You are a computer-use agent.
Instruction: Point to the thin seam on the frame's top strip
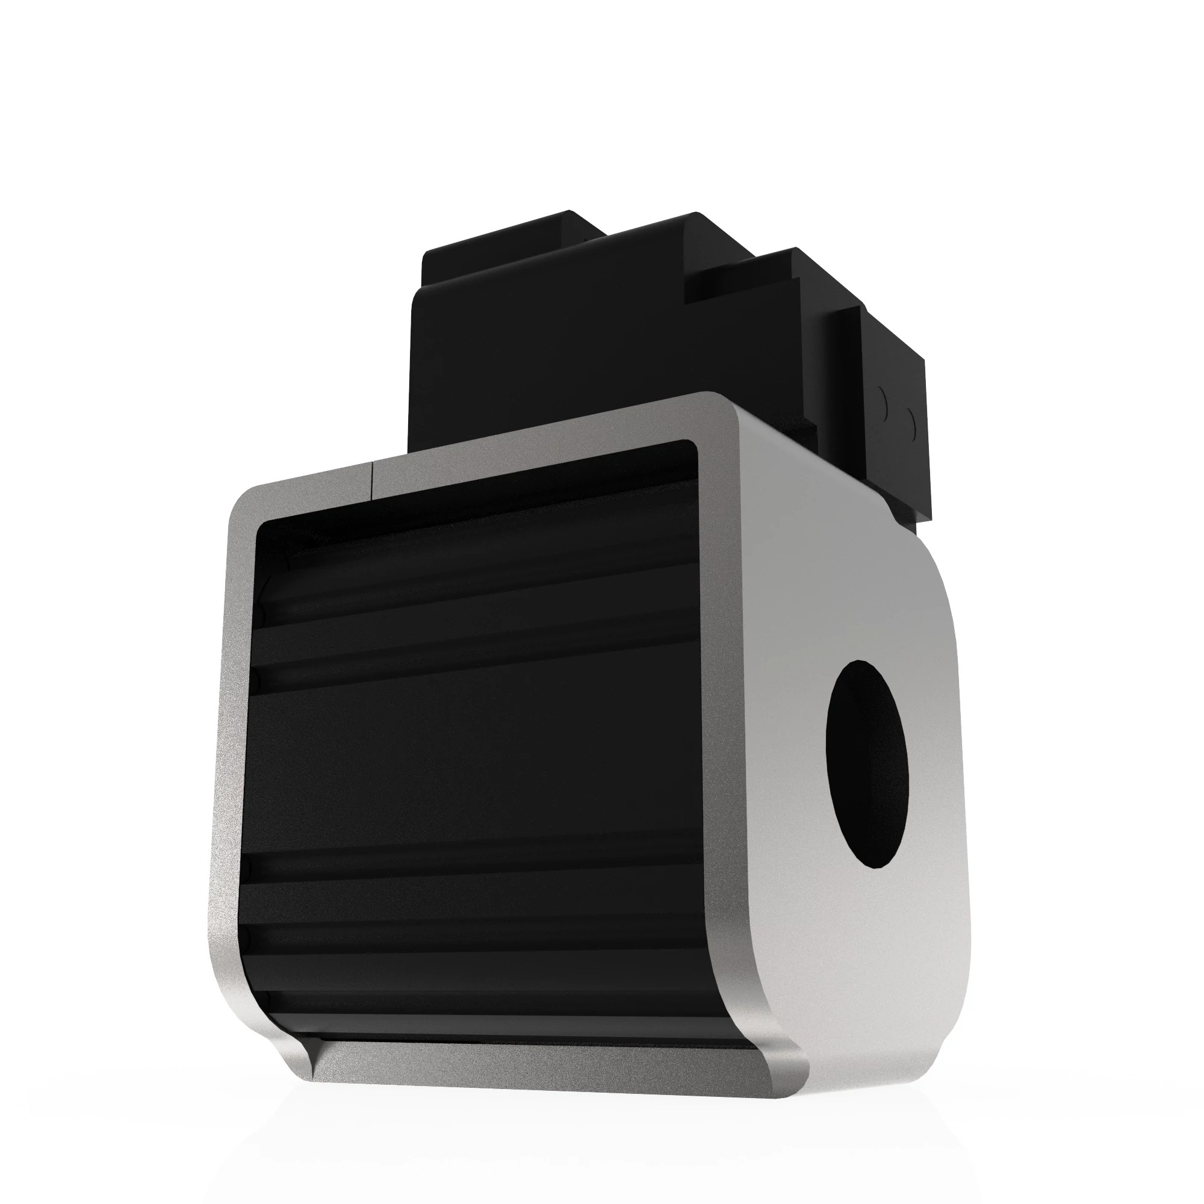(x=371, y=479)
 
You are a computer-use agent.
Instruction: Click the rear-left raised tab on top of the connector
(x=511, y=234)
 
